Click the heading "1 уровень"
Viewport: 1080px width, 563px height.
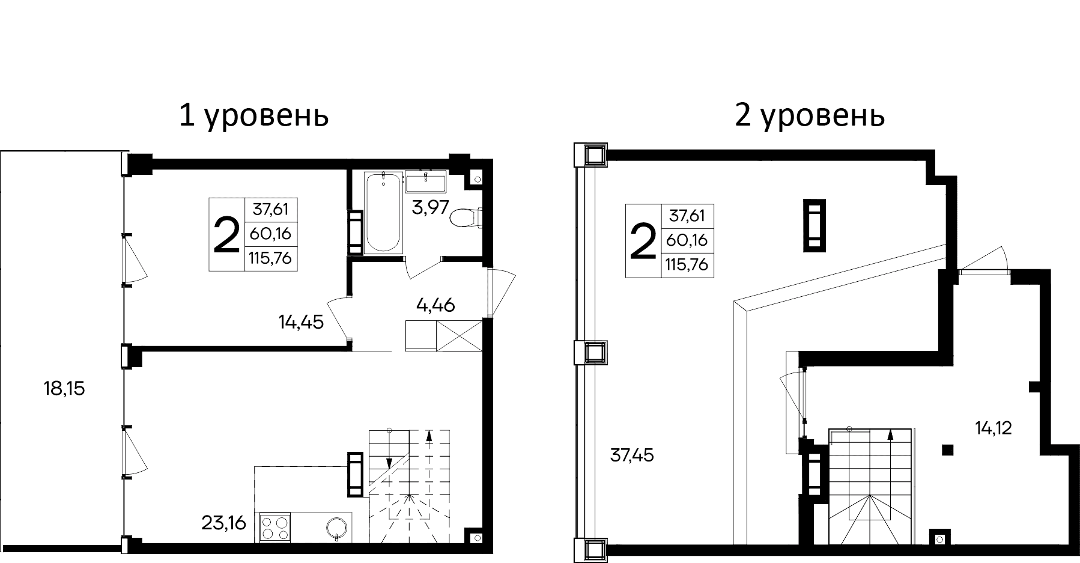pos(253,115)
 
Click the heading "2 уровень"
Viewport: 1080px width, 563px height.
pos(809,115)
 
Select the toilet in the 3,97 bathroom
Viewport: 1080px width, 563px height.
pos(466,218)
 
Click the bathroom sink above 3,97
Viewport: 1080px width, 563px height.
pos(426,180)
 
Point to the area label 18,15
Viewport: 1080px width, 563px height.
pos(64,389)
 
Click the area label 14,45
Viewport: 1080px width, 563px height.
pos(301,322)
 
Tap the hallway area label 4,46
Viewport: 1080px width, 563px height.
pos(435,305)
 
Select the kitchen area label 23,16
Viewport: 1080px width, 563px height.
pos(223,523)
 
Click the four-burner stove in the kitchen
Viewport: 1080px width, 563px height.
pos(275,528)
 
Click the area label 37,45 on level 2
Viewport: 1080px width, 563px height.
pos(632,455)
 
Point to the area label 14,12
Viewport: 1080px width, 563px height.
pos(994,428)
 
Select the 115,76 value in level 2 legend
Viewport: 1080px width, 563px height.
pos(687,264)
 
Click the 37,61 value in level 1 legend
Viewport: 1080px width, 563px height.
pos(270,209)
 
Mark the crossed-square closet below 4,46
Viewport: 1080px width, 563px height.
pos(460,335)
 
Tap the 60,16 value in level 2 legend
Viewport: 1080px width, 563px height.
pos(687,240)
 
